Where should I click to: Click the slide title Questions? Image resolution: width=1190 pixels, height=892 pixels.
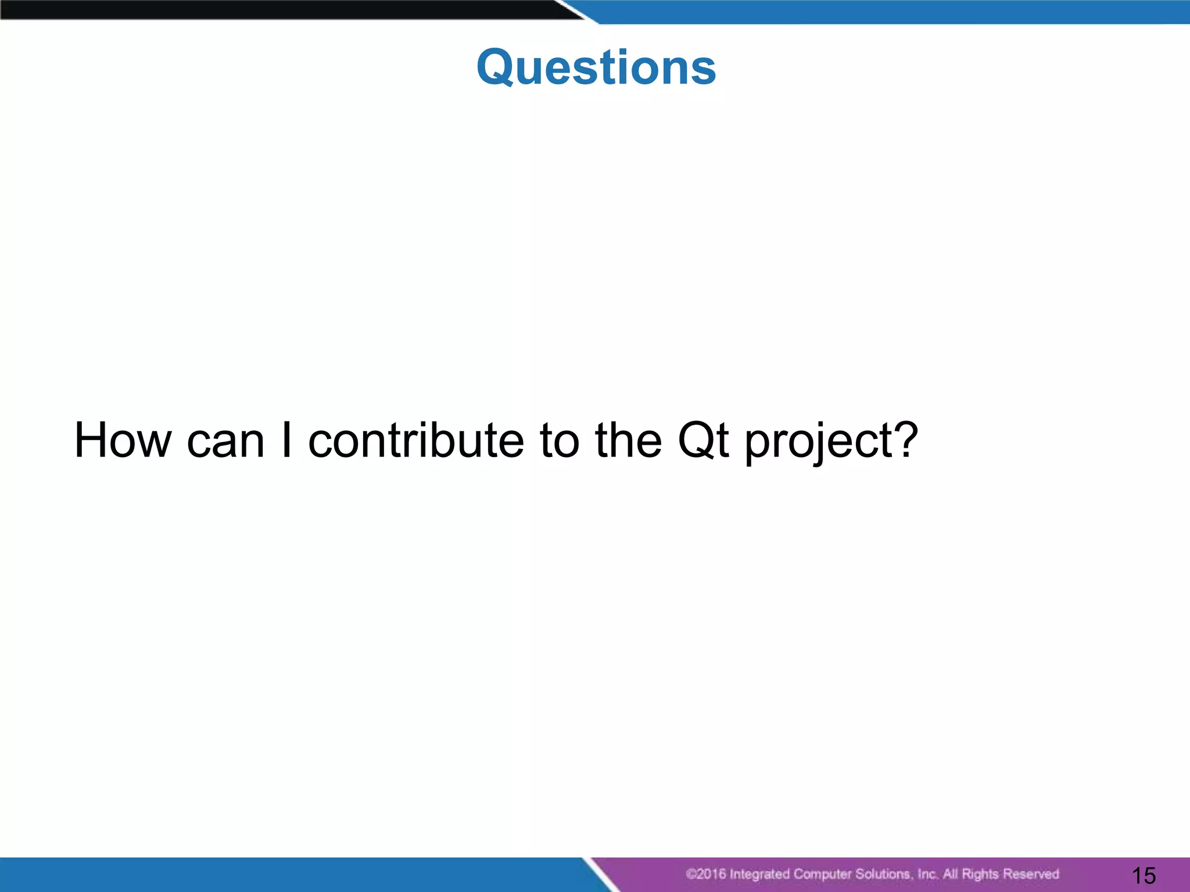(596, 67)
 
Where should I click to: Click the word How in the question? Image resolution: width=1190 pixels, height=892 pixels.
(123, 440)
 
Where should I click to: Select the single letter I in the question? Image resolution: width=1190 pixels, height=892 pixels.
(286, 440)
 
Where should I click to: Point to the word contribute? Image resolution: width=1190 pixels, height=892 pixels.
(416, 440)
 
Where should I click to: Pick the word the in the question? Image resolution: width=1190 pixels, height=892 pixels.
(628, 440)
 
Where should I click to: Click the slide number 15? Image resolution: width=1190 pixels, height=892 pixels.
(1144, 875)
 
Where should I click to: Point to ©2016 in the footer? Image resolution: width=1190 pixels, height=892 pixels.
(705, 874)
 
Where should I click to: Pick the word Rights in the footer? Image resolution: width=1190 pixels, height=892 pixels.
(981, 874)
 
